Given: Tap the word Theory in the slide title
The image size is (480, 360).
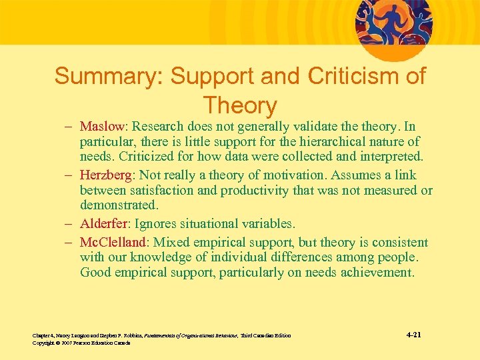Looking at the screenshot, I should (240, 105).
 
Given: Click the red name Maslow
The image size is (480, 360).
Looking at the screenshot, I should (102, 126).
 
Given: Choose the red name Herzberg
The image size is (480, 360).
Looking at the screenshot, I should (107, 175).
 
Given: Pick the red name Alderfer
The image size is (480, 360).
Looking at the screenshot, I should (105, 224).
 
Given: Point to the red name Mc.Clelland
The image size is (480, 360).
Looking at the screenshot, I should (115, 241).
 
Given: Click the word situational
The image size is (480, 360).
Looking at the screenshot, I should (211, 224).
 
